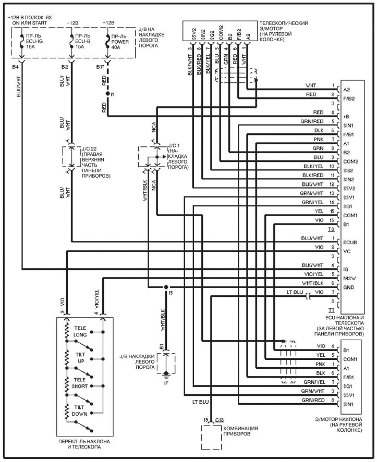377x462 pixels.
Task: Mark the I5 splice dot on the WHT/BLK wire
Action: tap(165, 287)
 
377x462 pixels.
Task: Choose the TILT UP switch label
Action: tap(80, 358)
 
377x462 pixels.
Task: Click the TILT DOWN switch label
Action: tap(80, 411)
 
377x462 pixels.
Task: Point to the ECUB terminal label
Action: tap(350, 242)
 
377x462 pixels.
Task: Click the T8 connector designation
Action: tap(331, 229)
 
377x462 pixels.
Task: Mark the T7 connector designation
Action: tap(331, 310)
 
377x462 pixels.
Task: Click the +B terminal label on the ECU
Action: tap(347, 116)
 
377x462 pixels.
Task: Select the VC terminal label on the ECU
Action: tap(347, 251)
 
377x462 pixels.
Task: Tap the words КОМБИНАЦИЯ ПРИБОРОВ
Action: tap(241, 431)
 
